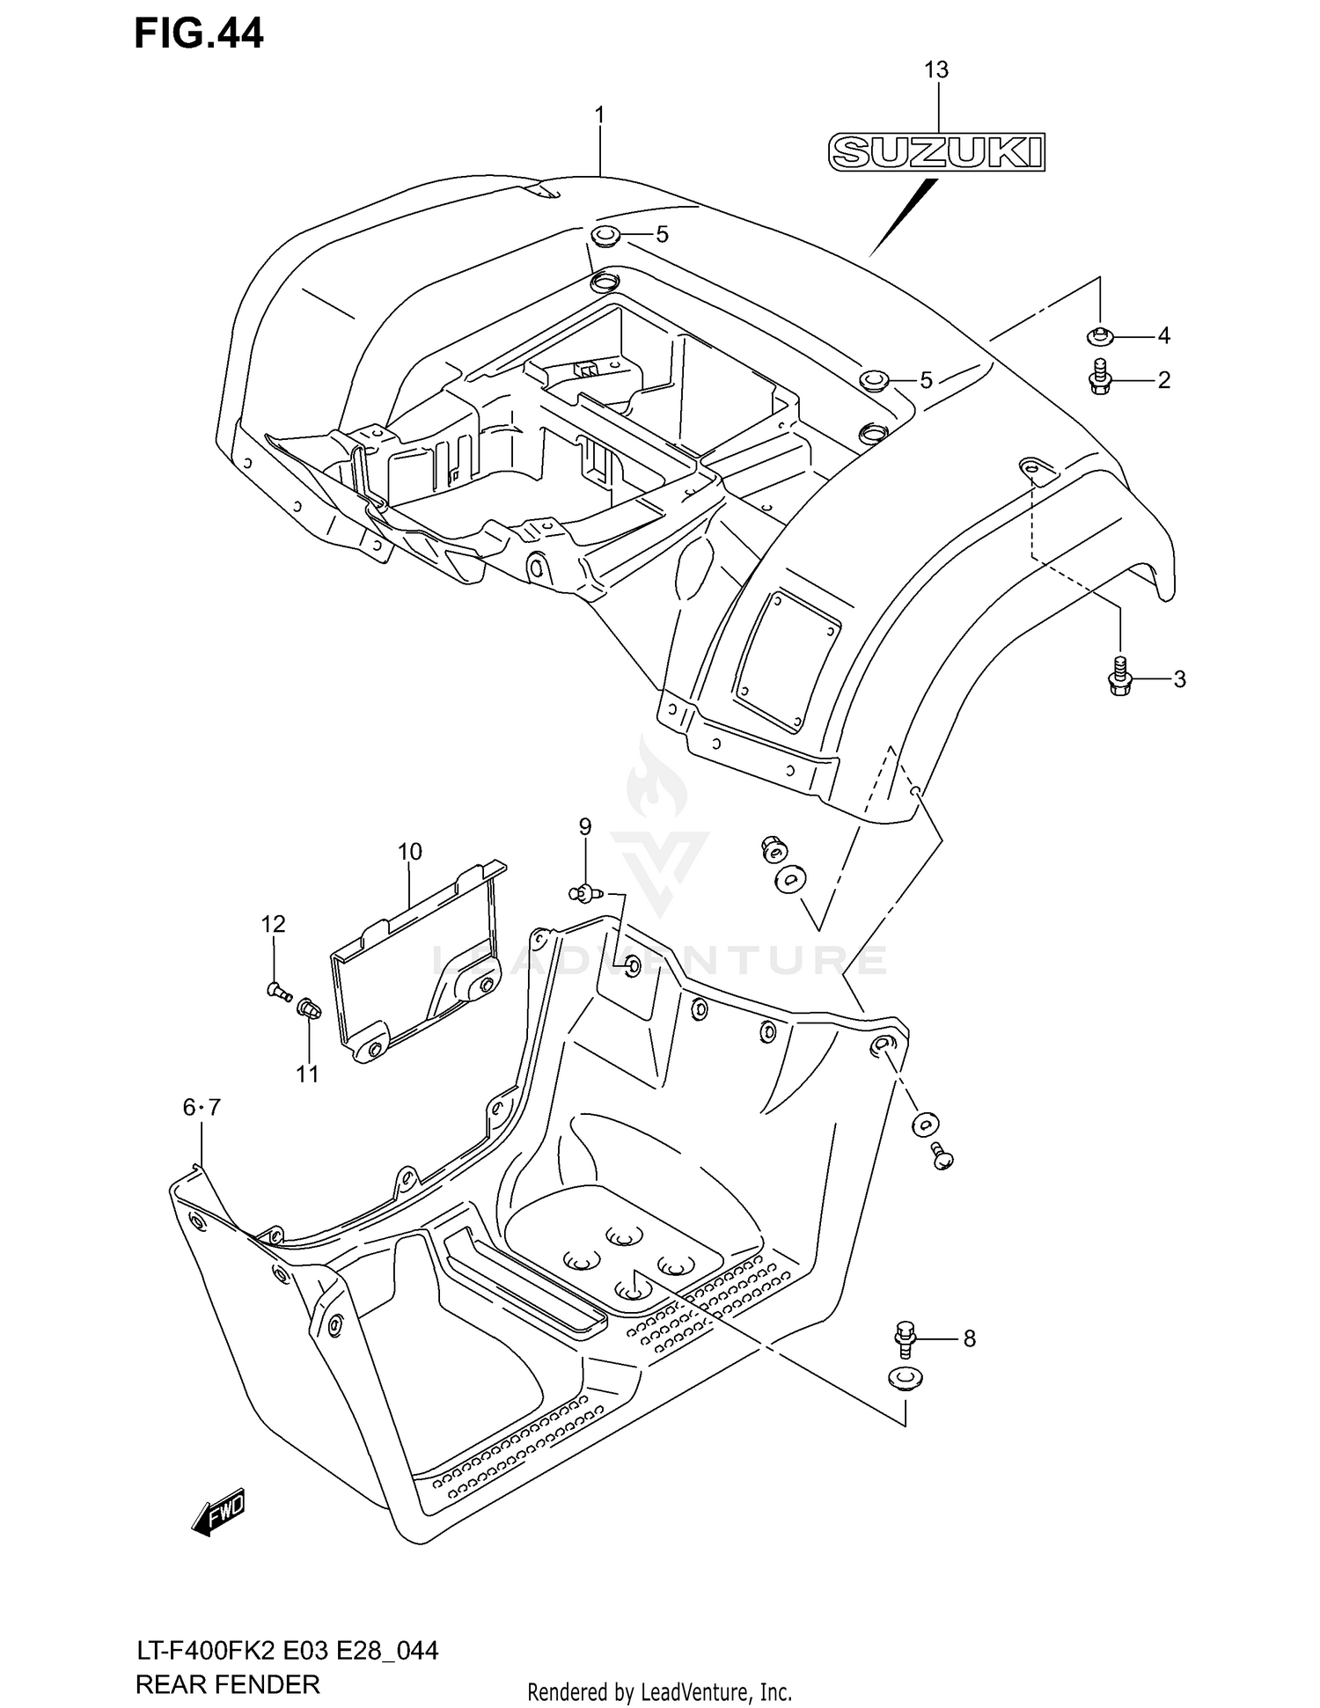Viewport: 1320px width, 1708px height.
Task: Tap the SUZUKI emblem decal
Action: pos(937,152)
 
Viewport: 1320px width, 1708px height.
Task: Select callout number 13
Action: pos(936,70)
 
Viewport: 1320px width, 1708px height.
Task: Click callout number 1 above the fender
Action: pos(599,115)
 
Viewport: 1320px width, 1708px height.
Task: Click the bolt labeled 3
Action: pos(1118,678)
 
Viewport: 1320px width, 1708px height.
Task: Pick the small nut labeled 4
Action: pos(1099,334)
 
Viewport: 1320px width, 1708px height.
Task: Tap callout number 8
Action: pos(969,1338)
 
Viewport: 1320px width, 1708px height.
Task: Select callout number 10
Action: pos(409,851)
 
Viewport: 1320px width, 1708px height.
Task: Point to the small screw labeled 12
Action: pos(278,991)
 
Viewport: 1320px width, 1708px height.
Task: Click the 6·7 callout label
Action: pos(202,1108)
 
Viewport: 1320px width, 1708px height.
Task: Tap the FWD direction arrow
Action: pos(218,1512)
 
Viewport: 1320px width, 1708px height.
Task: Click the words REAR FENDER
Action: pos(227,1684)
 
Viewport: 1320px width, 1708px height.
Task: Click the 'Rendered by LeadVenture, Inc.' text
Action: pos(660,1691)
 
